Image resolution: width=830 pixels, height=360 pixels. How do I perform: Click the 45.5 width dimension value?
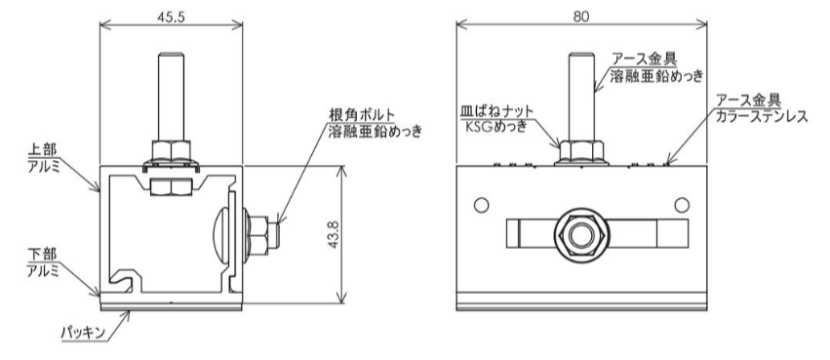pos(171,17)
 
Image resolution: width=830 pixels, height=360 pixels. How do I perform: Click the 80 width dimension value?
pos(580,17)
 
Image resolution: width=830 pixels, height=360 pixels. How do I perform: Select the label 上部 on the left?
pos(41,150)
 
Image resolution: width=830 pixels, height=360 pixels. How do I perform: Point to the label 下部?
pos(41,254)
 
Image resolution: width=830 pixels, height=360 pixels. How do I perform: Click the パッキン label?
pos(83,333)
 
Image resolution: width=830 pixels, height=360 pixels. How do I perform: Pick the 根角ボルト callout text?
pos(361,114)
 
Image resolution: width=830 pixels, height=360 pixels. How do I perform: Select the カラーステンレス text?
pos(761,116)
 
